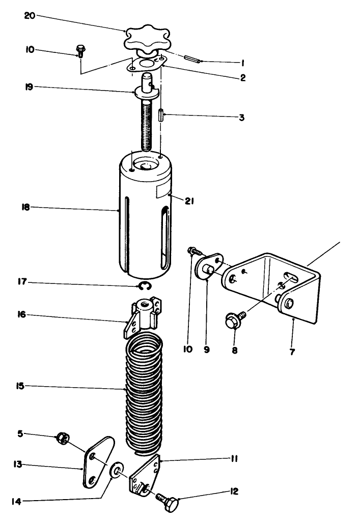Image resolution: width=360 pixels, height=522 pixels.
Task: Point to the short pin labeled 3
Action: coord(160,114)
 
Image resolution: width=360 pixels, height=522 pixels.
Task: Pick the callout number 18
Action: coord(26,207)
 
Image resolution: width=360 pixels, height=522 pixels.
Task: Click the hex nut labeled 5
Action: coord(63,438)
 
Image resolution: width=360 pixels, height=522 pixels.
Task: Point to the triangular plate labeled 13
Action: coord(96,461)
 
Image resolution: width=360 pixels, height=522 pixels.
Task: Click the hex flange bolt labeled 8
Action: coord(233,321)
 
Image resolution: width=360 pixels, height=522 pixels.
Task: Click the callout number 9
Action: coord(207,350)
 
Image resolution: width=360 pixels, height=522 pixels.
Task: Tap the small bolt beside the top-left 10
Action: coord(80,50)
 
